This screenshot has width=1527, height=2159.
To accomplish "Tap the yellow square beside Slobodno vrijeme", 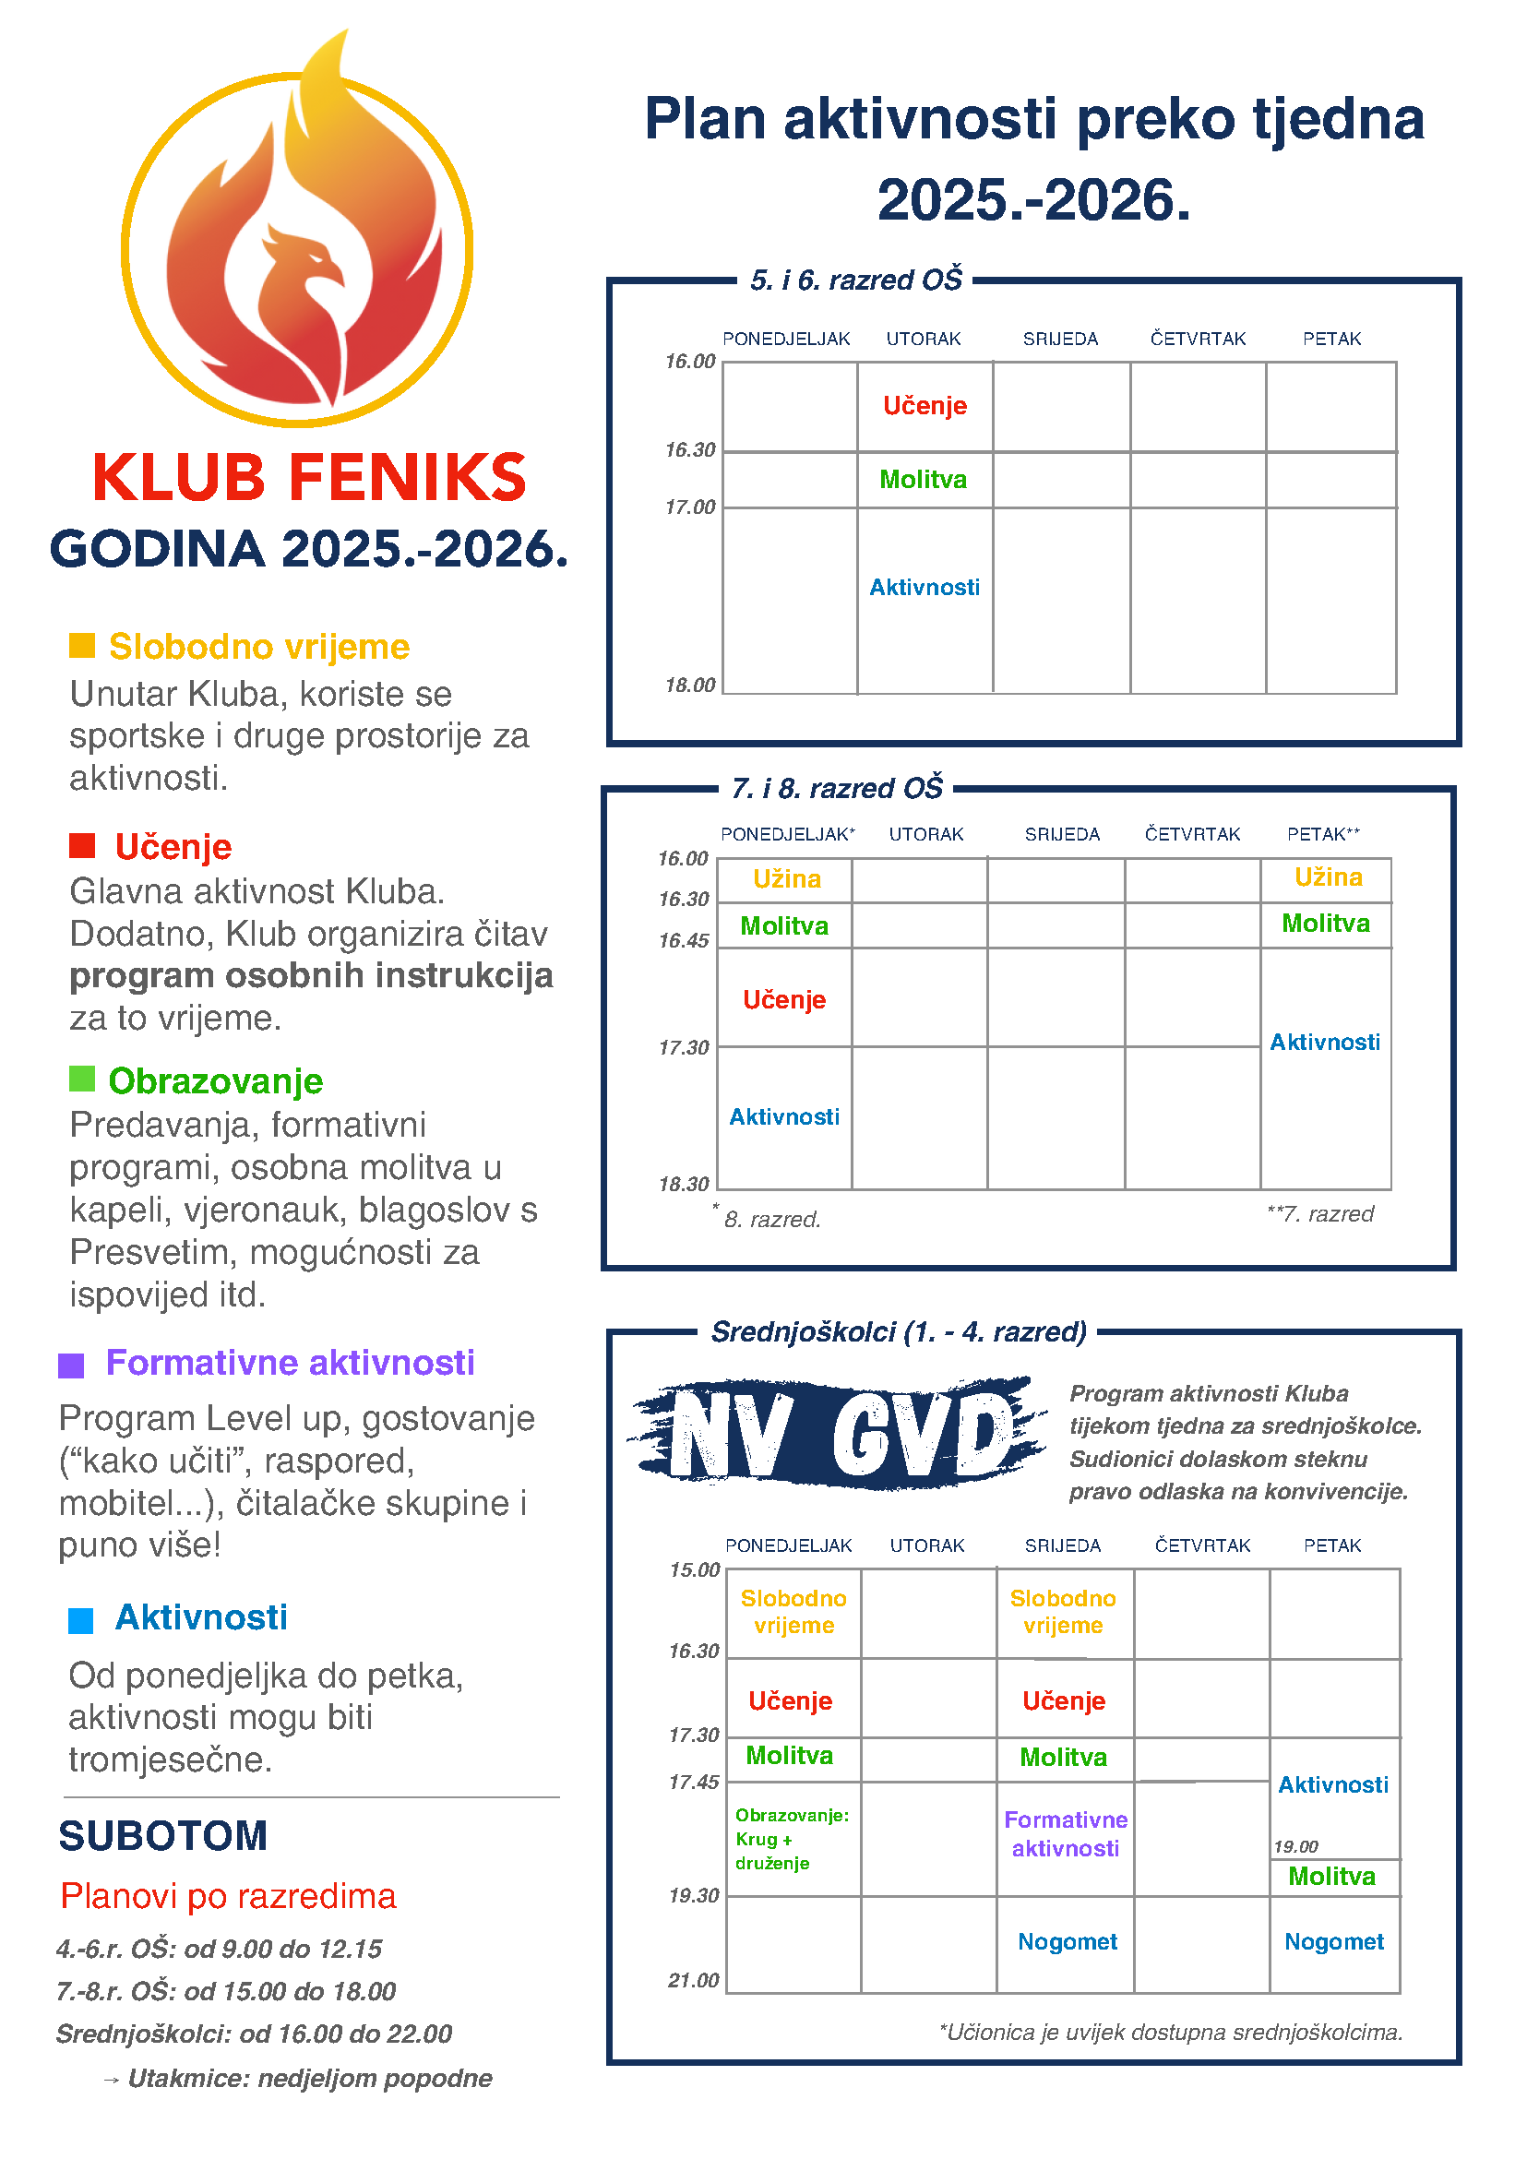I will click(x=82, y=646).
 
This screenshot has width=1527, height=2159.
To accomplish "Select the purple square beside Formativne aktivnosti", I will click(x=71, y=1365).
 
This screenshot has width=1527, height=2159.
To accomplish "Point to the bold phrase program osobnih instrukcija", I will click(x=311, y=975).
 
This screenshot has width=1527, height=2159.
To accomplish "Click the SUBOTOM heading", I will click(x=163, y=1835).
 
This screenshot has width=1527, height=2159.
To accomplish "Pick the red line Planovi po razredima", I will click(x=228, y=1896).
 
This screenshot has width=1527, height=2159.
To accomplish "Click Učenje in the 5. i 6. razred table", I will click(x=925, y=405).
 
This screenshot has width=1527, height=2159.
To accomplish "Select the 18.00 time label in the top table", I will click(x=690, y=686).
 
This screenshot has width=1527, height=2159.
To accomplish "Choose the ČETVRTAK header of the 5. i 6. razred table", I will click(x=1197, y=339).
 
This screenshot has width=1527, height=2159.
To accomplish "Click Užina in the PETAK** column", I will click(x=1328, y=877).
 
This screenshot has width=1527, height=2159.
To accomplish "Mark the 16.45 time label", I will click(x=684, y=940).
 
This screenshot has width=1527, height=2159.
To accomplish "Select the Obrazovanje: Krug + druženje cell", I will click(x=792, y=1838).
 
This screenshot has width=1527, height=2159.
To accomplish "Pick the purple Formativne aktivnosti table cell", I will click(x=1066, y=1833).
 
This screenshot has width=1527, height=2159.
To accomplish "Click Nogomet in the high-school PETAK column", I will click(x=1333, y=1942).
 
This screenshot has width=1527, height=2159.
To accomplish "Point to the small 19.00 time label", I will click(x=1295, y=1847).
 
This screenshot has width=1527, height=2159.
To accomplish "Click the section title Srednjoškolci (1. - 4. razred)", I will click(x=898, y=1331).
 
